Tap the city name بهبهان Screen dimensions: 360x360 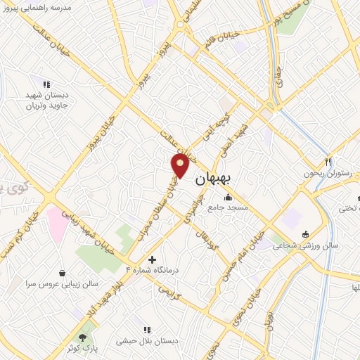coord(210,179)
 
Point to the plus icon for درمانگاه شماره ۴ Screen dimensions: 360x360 coord(151,259)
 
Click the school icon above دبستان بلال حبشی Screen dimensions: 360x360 coord(147,329)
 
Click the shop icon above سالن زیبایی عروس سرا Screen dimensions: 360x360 coord(63,273)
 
